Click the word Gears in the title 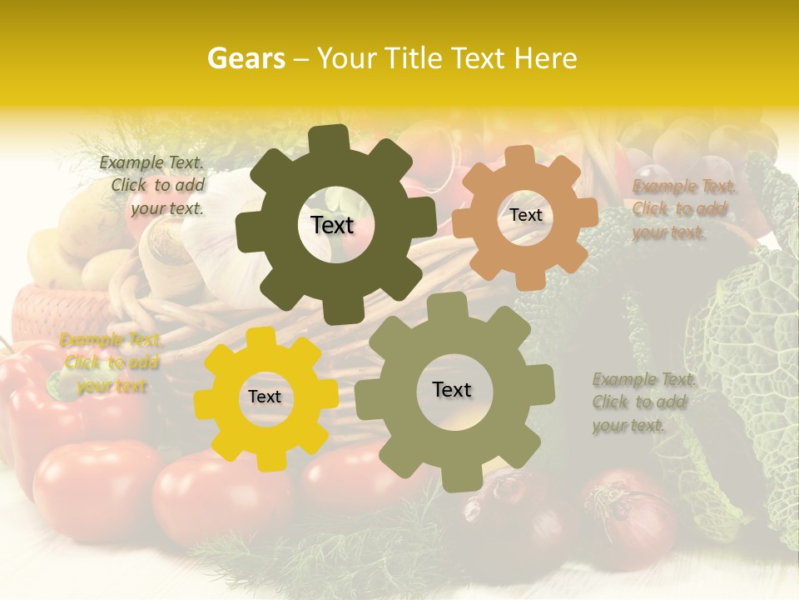tap(246, 58)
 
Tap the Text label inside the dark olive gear tap(332, 225)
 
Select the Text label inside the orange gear tap(525, 215)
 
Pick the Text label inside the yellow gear tap(265, 397)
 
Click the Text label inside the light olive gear tap(452, 389)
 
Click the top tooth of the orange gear tap(520, 157)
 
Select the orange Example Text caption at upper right tap(683, 209)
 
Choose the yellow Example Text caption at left tap(111, 362)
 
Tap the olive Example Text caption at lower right tap(643, 402)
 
